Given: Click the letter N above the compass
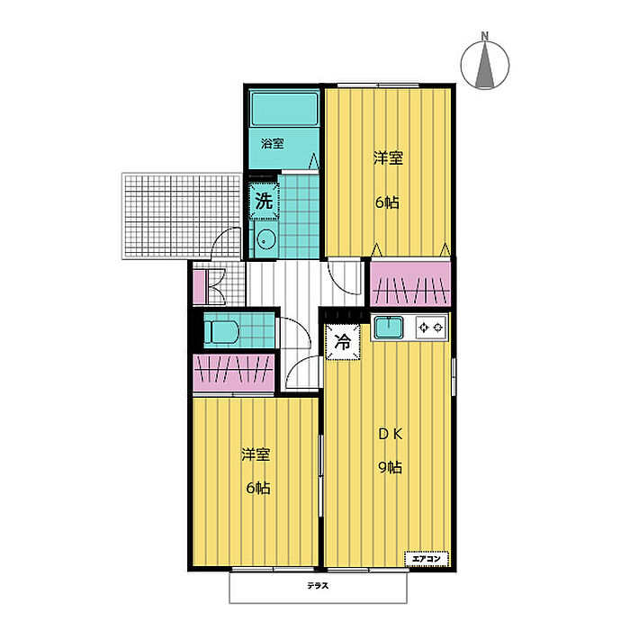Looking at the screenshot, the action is coord(485,36).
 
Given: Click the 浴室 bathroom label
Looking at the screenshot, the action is coord(272,143).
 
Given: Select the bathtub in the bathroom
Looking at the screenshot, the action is coord(284,109).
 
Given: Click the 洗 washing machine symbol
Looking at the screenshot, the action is coord(264,201).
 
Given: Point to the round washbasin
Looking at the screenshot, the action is coord(265,240).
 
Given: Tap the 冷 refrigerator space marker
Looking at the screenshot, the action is coord(343,342).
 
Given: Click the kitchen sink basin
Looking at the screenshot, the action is coord(389,328).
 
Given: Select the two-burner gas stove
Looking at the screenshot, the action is coord(431,328).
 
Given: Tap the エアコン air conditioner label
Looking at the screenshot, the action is coord(427,559).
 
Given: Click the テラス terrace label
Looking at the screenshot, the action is coord(318,586).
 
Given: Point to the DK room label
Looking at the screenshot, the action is coord(391,435).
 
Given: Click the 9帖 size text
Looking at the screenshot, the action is coord(390,467).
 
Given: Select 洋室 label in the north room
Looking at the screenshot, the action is coord(388,157).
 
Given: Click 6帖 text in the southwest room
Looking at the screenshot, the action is coord(258,488).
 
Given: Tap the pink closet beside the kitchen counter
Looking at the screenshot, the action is coord(410,283).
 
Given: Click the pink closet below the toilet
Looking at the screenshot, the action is coord(234,373).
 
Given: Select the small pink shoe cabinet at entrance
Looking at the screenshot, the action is coord(199,287).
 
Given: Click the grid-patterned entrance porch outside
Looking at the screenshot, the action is coord(182,216).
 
